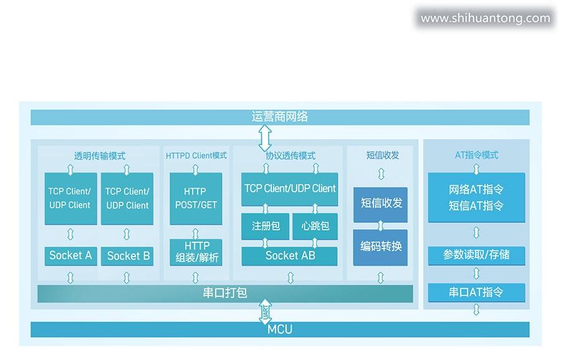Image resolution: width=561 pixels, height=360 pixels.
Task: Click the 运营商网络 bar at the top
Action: tap(280, 117)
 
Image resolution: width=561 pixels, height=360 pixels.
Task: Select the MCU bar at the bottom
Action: tap(280, 329)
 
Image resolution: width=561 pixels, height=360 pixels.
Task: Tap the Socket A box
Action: tap(70, 255)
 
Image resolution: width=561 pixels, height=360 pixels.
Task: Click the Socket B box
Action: tap(128, 255)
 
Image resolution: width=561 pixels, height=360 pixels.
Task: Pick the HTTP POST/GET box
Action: tap(196, 198)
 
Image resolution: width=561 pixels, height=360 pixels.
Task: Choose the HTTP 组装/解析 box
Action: tap(196, 252)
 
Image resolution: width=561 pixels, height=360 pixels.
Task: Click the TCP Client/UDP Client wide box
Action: tap(289, 189)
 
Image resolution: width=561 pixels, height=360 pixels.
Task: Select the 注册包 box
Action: tap(265, 226)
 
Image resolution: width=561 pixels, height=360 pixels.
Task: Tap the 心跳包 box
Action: tap(315, 226)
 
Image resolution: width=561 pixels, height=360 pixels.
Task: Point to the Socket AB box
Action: tap(289, 255)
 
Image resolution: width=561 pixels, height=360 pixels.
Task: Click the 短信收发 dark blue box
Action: tap(381, 204)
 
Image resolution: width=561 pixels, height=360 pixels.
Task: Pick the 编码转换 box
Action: tap(381, 246)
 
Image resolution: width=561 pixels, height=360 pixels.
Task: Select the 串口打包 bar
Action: tap(225, 293)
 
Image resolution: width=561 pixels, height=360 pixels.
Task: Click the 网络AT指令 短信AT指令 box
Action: tap(476, 197)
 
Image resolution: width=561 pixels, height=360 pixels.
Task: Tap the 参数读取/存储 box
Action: tap(476, 255)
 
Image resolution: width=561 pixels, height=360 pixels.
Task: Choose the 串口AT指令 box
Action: tap(476, 292)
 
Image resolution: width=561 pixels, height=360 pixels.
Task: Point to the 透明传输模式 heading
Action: tap(100, 156)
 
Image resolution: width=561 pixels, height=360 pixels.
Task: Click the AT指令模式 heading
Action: tap(476, 155)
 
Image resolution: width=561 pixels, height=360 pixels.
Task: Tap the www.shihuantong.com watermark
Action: tap(486, 18)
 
